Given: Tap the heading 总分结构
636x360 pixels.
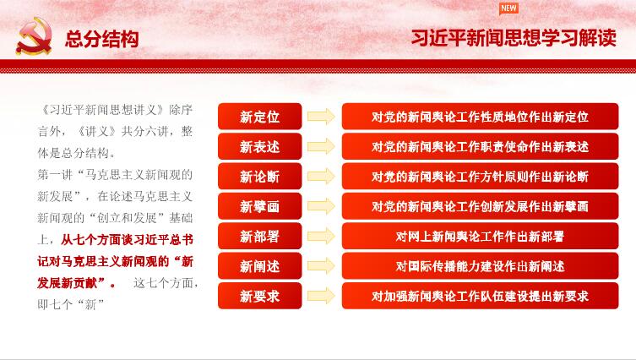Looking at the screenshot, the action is [x=102, y=40].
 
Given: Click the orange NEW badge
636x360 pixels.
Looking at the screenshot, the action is [x=508, y=8].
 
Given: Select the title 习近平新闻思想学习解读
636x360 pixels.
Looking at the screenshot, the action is [x=514, y=38].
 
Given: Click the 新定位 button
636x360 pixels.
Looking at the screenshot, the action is [x=259, y=117].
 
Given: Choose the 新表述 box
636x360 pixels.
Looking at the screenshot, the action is [x=259, y=146].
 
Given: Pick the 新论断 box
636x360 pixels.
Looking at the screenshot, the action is [x=259, y=177].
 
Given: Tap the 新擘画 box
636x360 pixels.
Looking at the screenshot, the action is [x=259, y=206].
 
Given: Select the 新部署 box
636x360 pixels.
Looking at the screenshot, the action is [x=259, y=237].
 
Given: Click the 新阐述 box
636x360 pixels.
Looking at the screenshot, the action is [x=259, y=266].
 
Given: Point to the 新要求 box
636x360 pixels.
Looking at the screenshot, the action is [x=259, y=296].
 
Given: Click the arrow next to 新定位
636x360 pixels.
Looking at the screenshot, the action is [x=321, y=117].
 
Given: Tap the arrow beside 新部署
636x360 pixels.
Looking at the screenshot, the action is [x=321, y=237].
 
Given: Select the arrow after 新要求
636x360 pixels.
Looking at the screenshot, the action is [x=321, y=296].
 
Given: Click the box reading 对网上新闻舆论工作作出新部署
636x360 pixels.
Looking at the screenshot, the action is [x=481, y=237].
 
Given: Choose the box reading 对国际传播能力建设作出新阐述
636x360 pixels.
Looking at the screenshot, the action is [x=481, y=266].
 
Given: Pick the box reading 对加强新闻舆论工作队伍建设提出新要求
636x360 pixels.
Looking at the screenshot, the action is [x=481, y=296].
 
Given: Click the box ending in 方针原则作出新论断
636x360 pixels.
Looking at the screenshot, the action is [x=481, y=177].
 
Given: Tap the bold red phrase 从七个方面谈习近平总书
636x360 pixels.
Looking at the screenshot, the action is [x=127, y=240].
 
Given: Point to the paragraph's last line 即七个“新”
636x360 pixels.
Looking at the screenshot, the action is [x=71, y=304].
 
